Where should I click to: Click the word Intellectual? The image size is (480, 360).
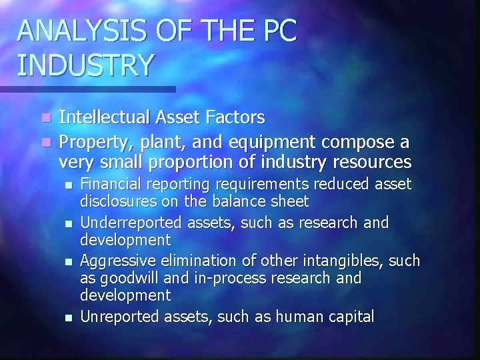109,118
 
